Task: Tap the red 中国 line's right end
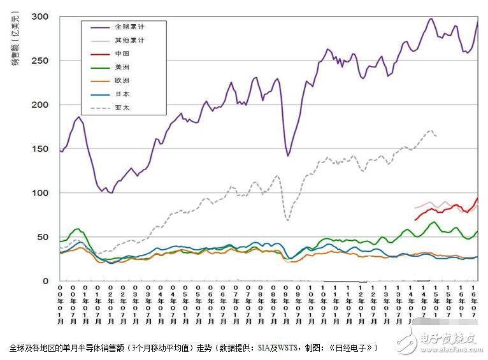click(477, 198)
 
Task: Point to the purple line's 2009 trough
click(288, 155)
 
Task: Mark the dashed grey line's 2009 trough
click(288, 220)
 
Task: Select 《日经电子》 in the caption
click(354, 348)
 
